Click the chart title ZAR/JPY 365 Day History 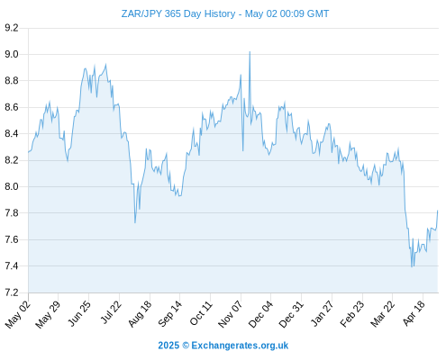178,13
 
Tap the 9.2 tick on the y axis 12,28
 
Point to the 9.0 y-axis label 12,54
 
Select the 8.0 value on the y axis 12,186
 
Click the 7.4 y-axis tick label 12,266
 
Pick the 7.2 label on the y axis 12,292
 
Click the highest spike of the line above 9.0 250,52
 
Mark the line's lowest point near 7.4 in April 412,266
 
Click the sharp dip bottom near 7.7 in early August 135,222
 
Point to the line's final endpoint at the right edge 438,211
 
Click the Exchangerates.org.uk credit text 240,346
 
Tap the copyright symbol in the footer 186,346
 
